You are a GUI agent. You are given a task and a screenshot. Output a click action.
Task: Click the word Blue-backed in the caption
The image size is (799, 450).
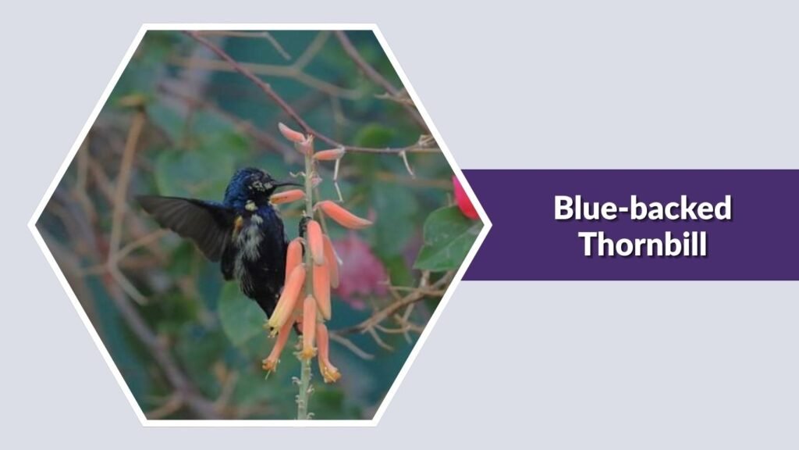click(642, 209)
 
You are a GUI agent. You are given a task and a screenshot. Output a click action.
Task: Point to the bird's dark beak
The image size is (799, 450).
click(285, 184)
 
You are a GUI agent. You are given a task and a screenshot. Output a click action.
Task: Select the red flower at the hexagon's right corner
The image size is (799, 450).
click(465, 199)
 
